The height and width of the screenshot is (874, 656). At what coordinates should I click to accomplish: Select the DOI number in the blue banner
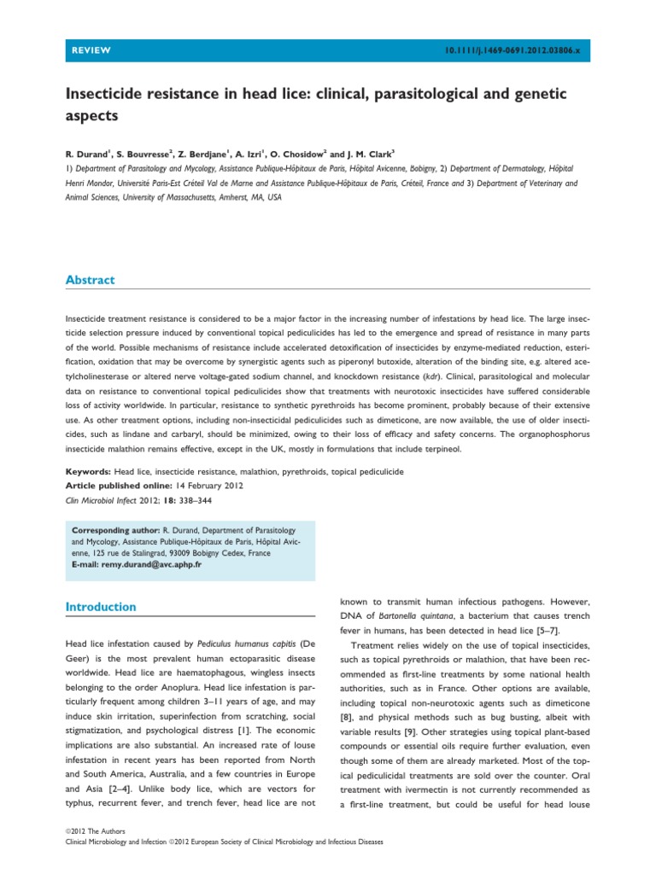[x=524, y=51]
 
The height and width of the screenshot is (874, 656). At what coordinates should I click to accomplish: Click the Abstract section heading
[x=91, y=280]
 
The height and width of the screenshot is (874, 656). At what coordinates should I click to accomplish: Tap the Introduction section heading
[x=101, y=607]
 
